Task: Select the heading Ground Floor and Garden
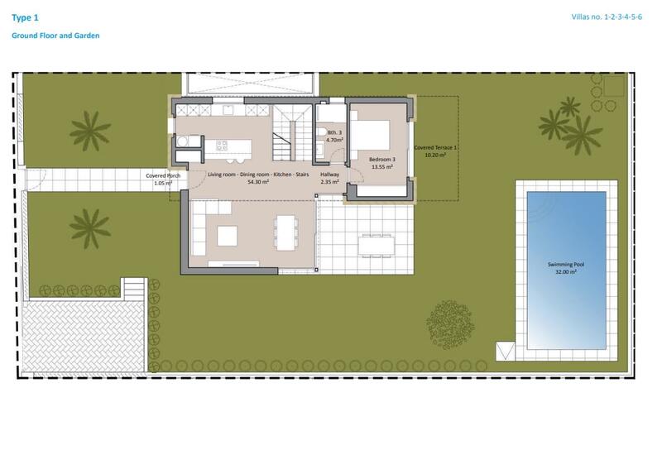coord(55,36)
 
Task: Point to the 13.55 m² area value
coord(381,166)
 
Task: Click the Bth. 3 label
coord(334,133)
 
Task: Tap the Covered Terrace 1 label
coord(435,146)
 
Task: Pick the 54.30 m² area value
coord(261,182)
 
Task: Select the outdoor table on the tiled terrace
coord(377,241)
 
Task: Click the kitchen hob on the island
coord(223,146)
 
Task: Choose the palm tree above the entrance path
coord(89,129)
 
